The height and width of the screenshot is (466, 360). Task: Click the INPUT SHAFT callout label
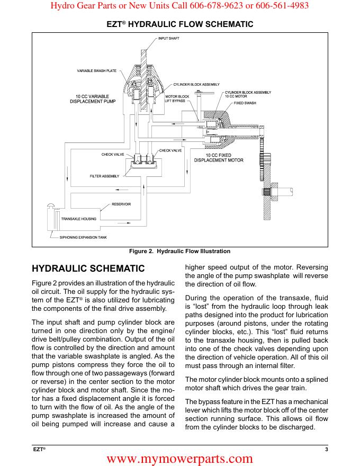169,39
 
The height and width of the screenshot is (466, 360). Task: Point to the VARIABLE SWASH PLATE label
100,70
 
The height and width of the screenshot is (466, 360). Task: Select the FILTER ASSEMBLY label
104,176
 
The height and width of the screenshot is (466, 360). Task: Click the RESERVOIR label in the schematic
121,204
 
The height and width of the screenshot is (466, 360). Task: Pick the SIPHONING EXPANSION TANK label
83,237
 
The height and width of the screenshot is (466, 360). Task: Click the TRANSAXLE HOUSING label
78,218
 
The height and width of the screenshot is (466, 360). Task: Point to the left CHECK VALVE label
113,154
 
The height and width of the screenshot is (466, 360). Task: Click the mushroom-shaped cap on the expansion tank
52,207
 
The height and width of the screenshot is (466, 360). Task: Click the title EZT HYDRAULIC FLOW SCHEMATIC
180,24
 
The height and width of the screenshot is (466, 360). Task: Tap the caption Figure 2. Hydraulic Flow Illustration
180,251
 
